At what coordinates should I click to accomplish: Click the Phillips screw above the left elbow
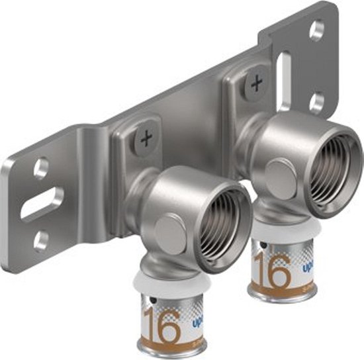coord(144,140)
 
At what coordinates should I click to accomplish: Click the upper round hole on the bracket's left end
coord(41,169)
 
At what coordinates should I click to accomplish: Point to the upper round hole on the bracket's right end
coord(317,30)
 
